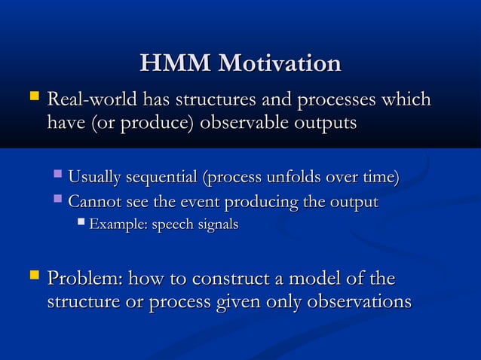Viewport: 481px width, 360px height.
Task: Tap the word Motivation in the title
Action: click(x=279, y=63)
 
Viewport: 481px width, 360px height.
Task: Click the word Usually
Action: click(x=96, y=178)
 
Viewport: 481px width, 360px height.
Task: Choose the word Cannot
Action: click(x=92, y=203)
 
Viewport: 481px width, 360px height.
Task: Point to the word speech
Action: click(x=171, y=225)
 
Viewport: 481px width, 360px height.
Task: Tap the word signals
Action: click(x=219, y=225)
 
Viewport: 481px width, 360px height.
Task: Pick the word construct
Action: click(x=225, y=279)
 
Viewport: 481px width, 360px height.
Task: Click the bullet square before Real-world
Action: click(x=32, y=97)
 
